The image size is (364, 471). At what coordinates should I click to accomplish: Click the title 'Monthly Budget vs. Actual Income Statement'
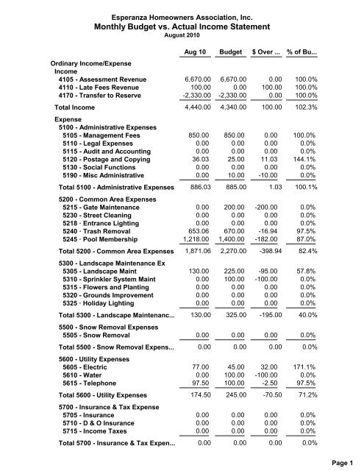pos(182,24)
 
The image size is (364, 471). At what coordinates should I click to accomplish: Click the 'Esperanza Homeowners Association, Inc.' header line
pos(182,13)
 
